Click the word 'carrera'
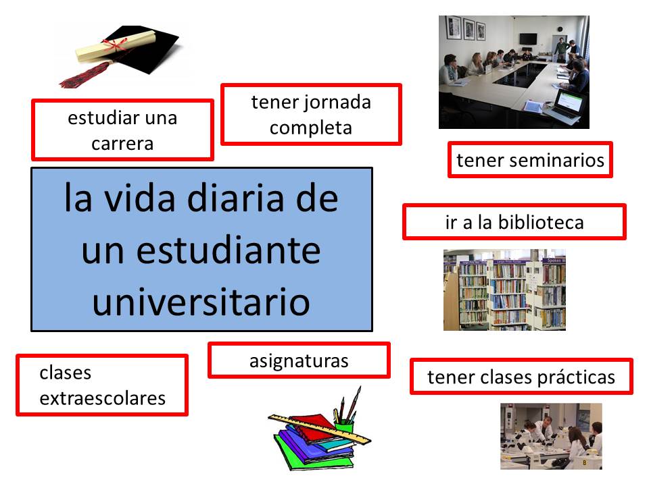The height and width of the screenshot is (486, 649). click(x=122, y=144)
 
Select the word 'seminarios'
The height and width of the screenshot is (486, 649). click(x=556, y=160)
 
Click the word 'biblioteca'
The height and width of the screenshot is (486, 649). click(x=541, y=222)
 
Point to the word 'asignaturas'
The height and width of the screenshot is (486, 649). click(x=299, y=361)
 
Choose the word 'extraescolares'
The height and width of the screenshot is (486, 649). click(x=103, y=398)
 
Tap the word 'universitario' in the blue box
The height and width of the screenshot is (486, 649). click(x=201, y=301)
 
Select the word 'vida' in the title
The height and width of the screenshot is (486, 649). click(x=139, y=198)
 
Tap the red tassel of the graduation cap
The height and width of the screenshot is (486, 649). click(x=85, y=74)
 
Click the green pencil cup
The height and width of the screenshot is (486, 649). click(x=344, y=427)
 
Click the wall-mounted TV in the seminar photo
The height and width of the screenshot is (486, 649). click(x=528, y=39)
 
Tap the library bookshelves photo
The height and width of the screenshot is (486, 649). click(x=504, y=290)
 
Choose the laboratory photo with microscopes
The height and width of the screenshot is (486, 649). click(x=552, y=437)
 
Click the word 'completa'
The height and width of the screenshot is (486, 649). click(x=311, y=128)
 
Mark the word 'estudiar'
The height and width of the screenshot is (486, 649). click(x=104, y=118)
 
